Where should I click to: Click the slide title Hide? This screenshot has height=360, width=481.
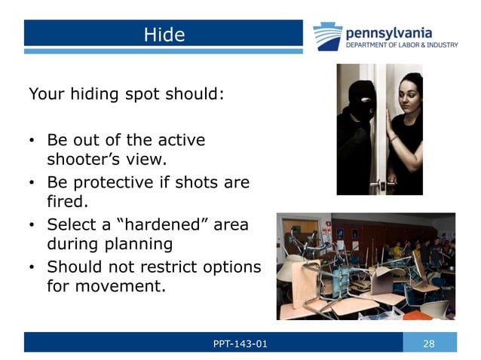coord(164,34)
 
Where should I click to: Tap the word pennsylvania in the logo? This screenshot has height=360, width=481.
coord(388,32)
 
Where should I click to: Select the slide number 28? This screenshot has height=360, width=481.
coord(429,344)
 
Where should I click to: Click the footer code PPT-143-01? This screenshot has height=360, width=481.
coord(240,344)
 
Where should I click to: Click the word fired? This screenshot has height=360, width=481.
coord(66,202)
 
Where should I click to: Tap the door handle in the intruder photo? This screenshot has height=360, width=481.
coord(383,183)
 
